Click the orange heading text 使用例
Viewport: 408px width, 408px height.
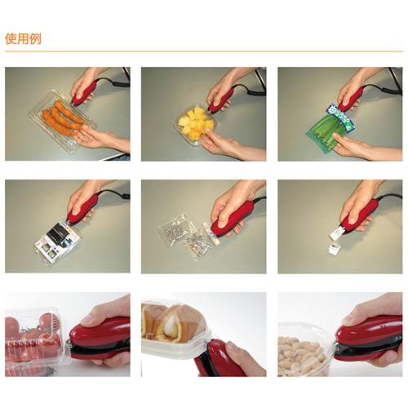22,38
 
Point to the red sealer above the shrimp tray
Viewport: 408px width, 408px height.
85,92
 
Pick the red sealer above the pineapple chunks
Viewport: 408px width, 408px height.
221,100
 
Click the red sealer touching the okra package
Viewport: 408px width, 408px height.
353,98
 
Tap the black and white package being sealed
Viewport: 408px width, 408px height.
56,240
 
